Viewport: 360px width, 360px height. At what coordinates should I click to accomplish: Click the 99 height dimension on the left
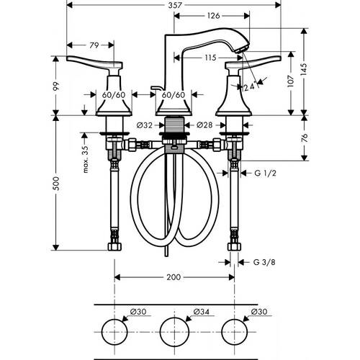click(55, 85)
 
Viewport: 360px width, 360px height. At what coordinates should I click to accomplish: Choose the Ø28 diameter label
click(204, 125)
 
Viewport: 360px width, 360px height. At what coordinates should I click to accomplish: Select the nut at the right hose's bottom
click(233, 247)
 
